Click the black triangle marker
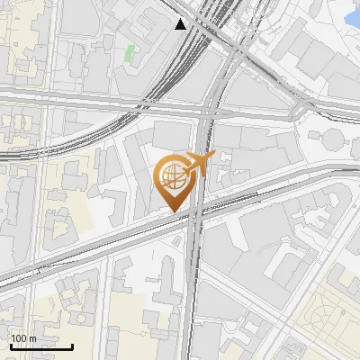(181, 24)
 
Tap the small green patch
(130, 53)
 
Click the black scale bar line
(41, 346)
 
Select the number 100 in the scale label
(19, 338)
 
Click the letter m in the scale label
(32, 338)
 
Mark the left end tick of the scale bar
(10, 344)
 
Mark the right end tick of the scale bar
(73, 344)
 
